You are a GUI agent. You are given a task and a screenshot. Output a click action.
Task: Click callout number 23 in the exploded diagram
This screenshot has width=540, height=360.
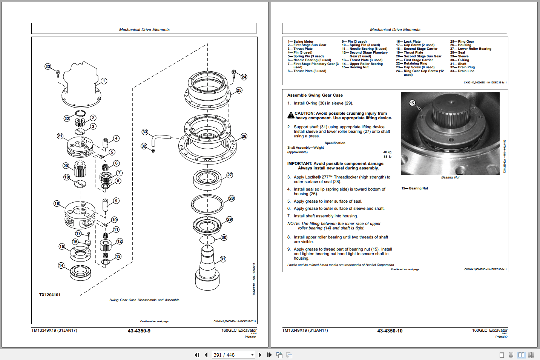(x=48, y=66)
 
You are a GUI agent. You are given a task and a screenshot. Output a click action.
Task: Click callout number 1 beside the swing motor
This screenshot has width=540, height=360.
(x=104, y=81)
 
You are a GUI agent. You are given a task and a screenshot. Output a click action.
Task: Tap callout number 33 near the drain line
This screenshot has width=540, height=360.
(x=145, y=132)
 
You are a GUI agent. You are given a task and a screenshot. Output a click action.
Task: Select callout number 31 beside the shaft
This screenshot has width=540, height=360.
(x=223, y=259)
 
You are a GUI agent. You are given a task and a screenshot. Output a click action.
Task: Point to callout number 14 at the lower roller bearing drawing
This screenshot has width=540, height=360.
(x=61, y=265)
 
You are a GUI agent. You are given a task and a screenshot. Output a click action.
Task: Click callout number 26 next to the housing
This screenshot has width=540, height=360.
(x=244, y=136)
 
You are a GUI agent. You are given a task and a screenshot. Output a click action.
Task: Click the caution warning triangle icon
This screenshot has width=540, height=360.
(x=291, y=115)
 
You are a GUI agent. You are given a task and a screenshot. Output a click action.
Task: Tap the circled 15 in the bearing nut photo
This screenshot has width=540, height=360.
(x=412, y=103)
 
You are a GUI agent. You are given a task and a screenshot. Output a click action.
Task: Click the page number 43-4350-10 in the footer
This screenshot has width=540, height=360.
(x=390, y=331)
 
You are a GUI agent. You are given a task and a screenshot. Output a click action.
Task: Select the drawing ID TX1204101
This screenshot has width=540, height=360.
(x=50, y=295)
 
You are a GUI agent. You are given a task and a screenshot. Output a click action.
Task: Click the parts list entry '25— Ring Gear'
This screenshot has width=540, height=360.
(x=462, y=42)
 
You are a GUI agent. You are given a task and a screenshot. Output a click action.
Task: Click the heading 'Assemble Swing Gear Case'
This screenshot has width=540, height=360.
(x=315, y=95)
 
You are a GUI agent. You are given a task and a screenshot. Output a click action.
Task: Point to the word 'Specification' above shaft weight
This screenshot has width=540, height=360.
(x=335, y=143)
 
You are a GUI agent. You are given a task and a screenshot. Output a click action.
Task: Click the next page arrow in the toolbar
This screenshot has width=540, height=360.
(x=260, y=355)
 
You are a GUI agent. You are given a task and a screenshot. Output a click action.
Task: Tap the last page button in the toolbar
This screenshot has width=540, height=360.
(x=269, y=355)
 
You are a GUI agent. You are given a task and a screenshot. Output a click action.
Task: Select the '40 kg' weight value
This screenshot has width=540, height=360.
(x=387, y=152)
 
